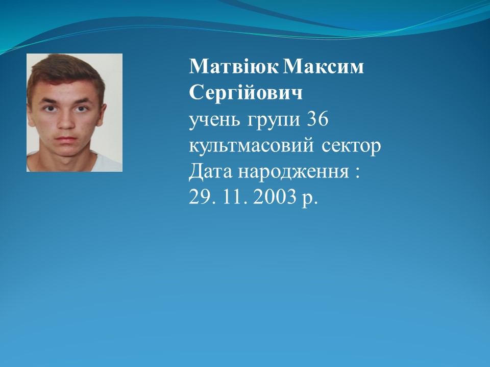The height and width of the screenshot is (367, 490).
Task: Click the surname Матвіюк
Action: point(233,66)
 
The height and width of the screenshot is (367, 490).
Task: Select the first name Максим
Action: point(324,66)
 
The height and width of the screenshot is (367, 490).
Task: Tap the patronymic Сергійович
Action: point(246,93)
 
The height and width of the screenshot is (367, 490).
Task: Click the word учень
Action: point(215,119)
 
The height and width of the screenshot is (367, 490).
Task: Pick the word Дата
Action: point(211,171)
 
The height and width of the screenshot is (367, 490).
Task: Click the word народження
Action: point(293,172)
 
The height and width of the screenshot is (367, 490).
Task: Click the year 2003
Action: point(275,197)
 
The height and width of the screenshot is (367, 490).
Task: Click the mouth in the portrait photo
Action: point(66,139)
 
